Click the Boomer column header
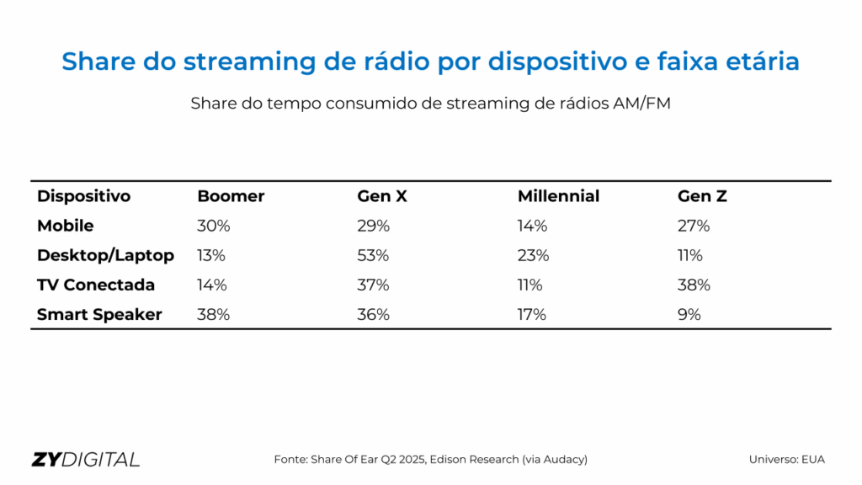pos(231,196)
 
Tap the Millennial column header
pos(558,196)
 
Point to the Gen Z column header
pos(702,196)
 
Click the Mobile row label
pos(66,226)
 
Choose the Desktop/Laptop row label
pos(105,255)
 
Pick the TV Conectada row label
pos(96,285)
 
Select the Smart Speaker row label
pos(99,314)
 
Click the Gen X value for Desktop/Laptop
pos(373,255)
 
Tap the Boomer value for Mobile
pos(214,226)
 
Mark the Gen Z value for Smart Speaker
pos(689,314)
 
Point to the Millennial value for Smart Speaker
pos(532,314)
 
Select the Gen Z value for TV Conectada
pos(694,285)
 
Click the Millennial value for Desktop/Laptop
pos(534,255)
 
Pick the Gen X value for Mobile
pos(373,226)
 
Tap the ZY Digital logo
pos(86,460)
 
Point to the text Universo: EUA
pos(787,460)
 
